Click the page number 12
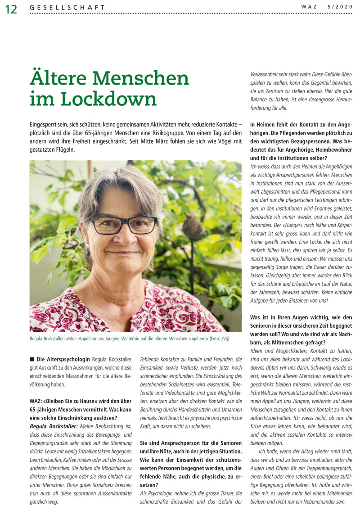[11, 9]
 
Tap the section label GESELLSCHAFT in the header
[67, 7]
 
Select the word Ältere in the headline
[62, 78]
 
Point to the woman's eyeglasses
[124, 224]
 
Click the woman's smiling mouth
[122, 253]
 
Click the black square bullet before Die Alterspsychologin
[32, 359]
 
